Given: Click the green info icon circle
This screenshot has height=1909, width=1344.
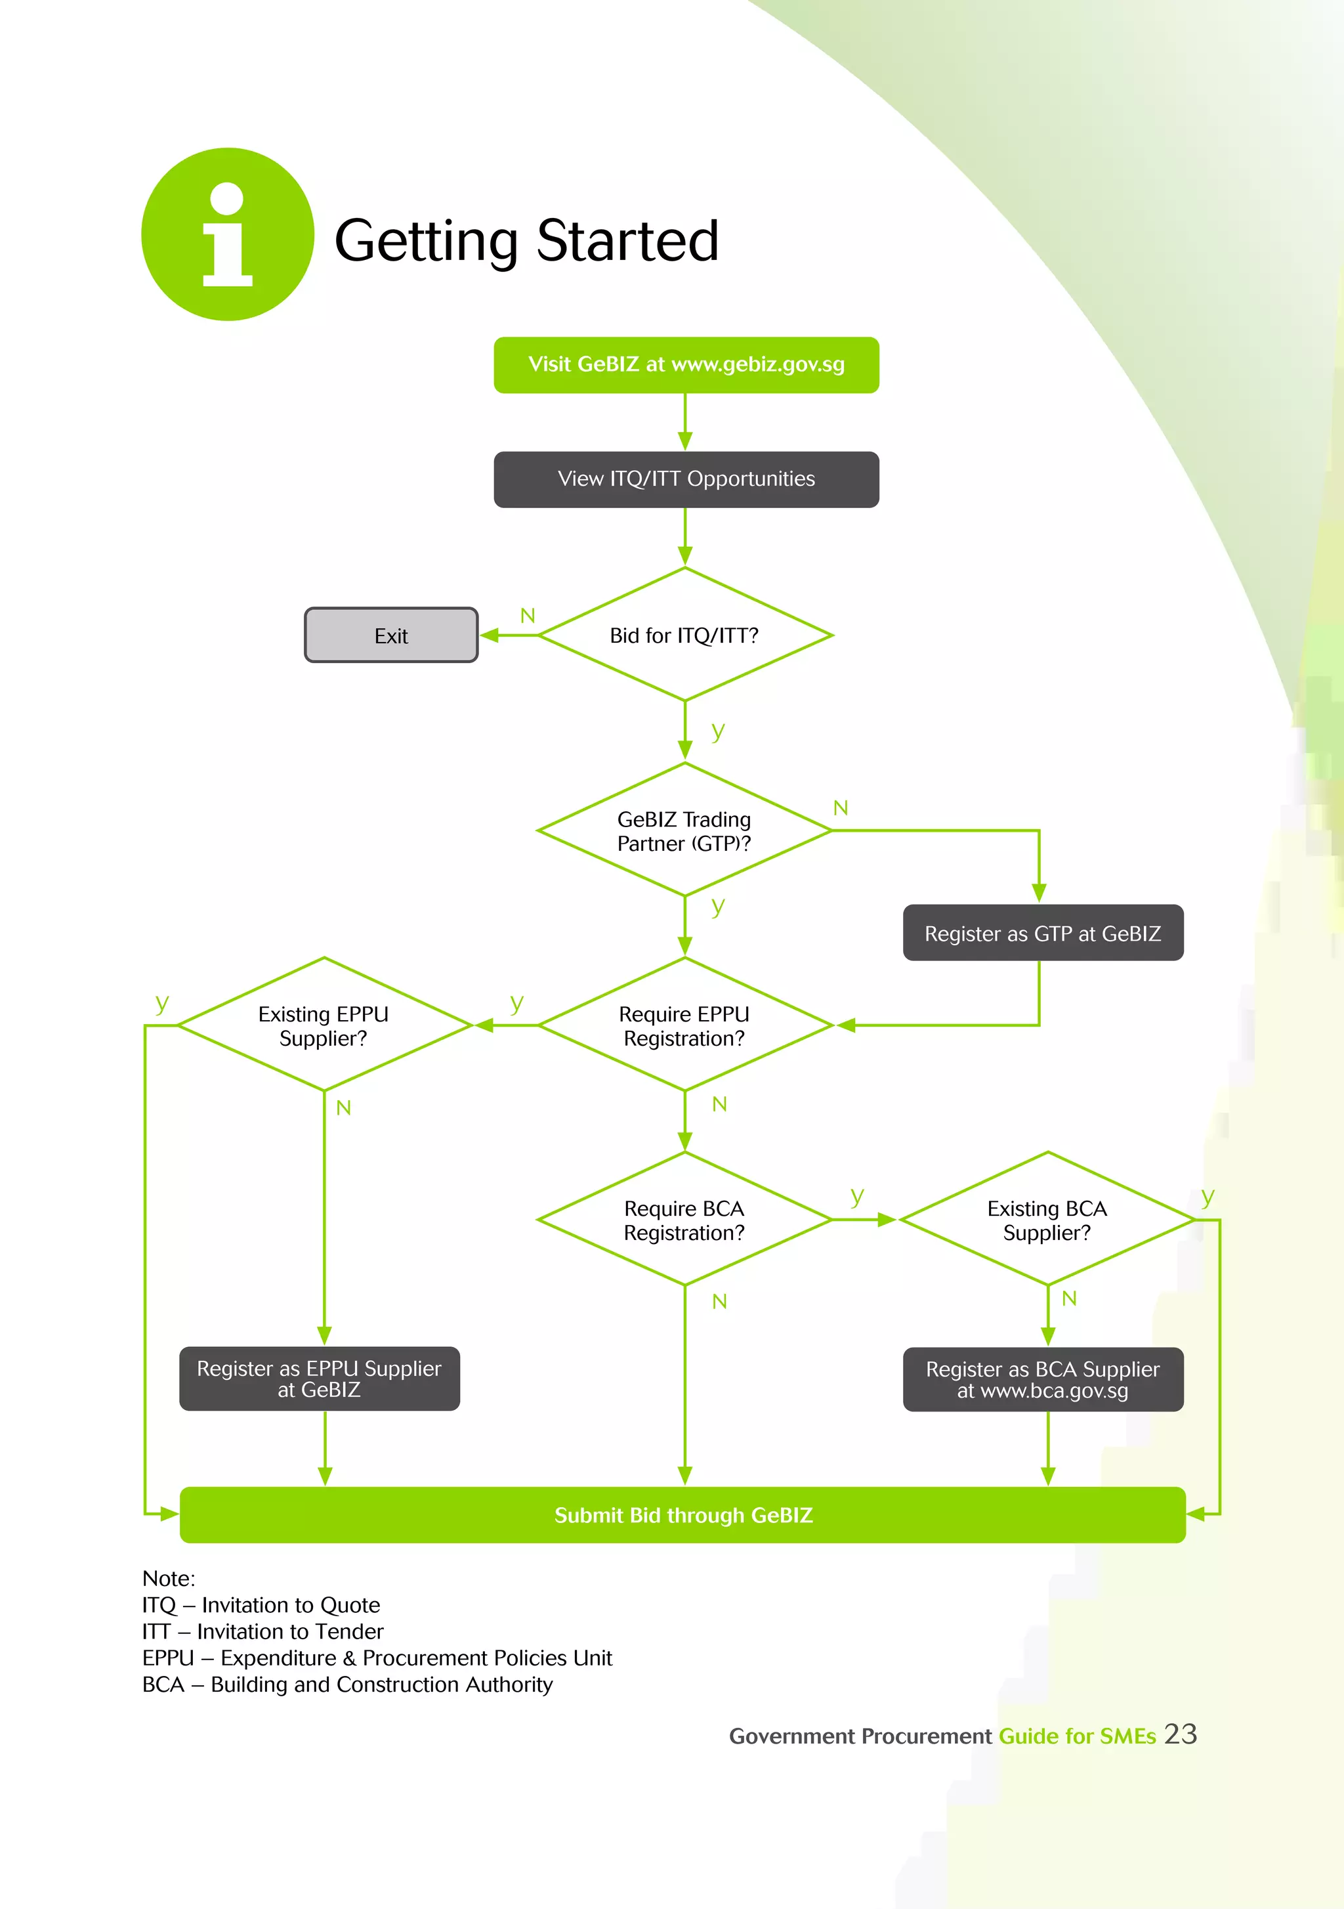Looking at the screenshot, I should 228,234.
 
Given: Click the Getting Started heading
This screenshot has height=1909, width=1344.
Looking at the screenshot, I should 526,241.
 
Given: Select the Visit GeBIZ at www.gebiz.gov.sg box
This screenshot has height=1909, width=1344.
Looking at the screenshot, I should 686,365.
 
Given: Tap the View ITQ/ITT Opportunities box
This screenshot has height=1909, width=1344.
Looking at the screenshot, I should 686,480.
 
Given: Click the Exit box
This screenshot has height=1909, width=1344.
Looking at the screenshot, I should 390,635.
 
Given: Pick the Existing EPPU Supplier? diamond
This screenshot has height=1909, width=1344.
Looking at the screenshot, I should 324,1025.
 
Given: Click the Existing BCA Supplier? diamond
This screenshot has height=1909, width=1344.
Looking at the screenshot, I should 1047,1220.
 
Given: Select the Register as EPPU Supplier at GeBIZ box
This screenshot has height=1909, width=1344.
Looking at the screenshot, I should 319,1379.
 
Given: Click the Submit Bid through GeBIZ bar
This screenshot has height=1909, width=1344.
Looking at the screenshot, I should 682,1515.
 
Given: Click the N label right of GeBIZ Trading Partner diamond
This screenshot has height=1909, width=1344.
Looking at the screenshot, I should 840,808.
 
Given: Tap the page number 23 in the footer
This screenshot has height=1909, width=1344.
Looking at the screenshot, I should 1180,1734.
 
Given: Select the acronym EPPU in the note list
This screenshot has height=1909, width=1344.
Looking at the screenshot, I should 168,1658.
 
